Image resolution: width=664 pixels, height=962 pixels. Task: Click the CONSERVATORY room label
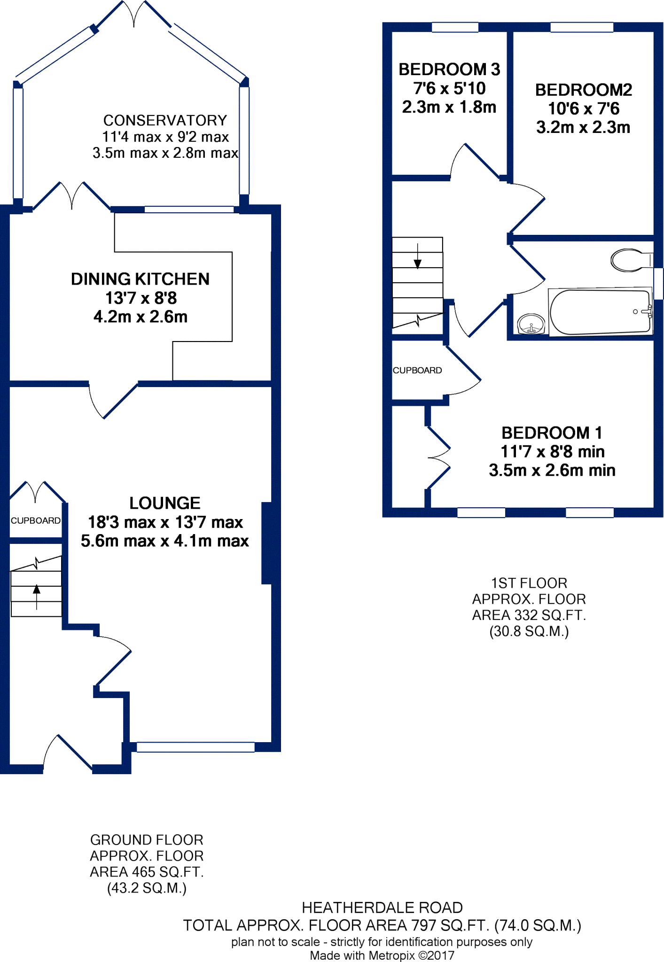point(165,121)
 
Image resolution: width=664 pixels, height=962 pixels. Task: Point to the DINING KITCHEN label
point(140,279)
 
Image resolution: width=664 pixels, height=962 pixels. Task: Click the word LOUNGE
point(164,503)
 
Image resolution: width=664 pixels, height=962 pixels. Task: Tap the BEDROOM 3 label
point(449,70)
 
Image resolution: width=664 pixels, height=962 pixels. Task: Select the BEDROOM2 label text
point(583,90)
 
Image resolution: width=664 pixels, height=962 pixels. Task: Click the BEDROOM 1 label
point(552,433)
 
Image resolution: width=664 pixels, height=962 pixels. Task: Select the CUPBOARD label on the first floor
point(417,370)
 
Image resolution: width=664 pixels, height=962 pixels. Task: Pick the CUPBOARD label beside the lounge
point(36,520)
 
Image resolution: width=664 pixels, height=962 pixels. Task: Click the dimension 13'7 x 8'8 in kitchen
point(141,298)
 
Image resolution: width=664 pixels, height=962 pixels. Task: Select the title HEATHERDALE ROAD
point(382,907)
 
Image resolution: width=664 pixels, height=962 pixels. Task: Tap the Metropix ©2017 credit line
point(382,955)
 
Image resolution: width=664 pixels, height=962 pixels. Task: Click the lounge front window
point(195,747)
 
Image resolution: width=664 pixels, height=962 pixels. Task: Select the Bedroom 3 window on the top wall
point(455,27)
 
